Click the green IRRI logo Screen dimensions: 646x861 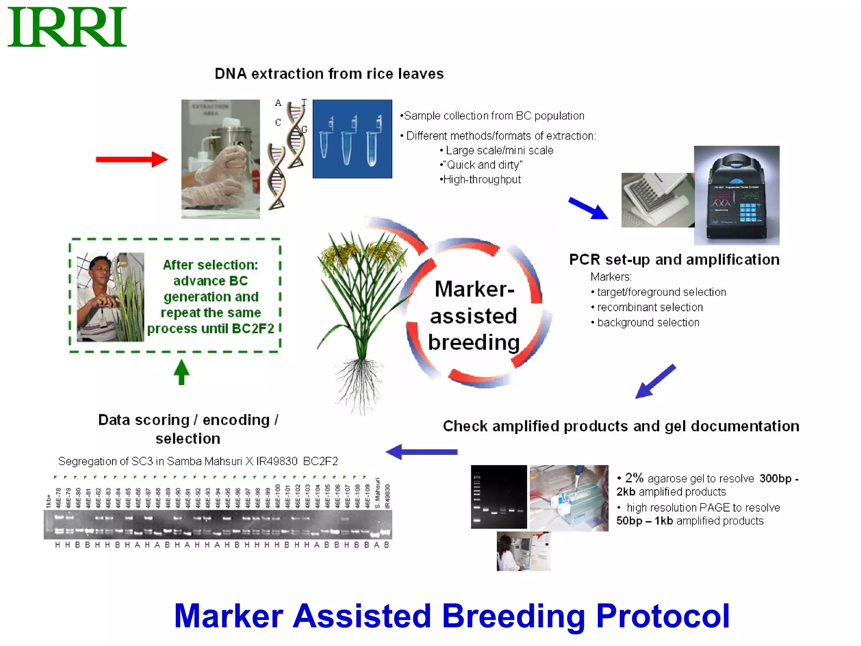coord(67,27)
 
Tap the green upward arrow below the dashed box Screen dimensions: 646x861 coord(182,372)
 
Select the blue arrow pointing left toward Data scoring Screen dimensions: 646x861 coord(421,452)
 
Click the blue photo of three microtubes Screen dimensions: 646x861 coord(352,139)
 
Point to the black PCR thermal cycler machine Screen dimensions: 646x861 coord(737,196)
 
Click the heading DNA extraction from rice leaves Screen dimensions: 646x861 coord(329,74)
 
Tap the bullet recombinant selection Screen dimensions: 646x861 coord(650,307)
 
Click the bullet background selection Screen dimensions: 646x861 coord(648,323)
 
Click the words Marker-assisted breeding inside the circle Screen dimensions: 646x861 coord(474,315)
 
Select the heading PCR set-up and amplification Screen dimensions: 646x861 coord(674,260)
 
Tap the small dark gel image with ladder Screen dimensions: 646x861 coord(499,497)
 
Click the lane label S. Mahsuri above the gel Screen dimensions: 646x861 coord(378,493)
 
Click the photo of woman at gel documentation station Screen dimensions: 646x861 coord(523,551)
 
